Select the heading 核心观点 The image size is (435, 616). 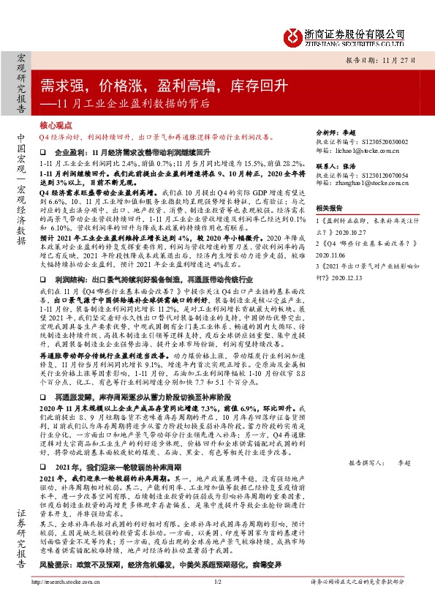(56, 126)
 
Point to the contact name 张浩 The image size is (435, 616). (360, 166)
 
